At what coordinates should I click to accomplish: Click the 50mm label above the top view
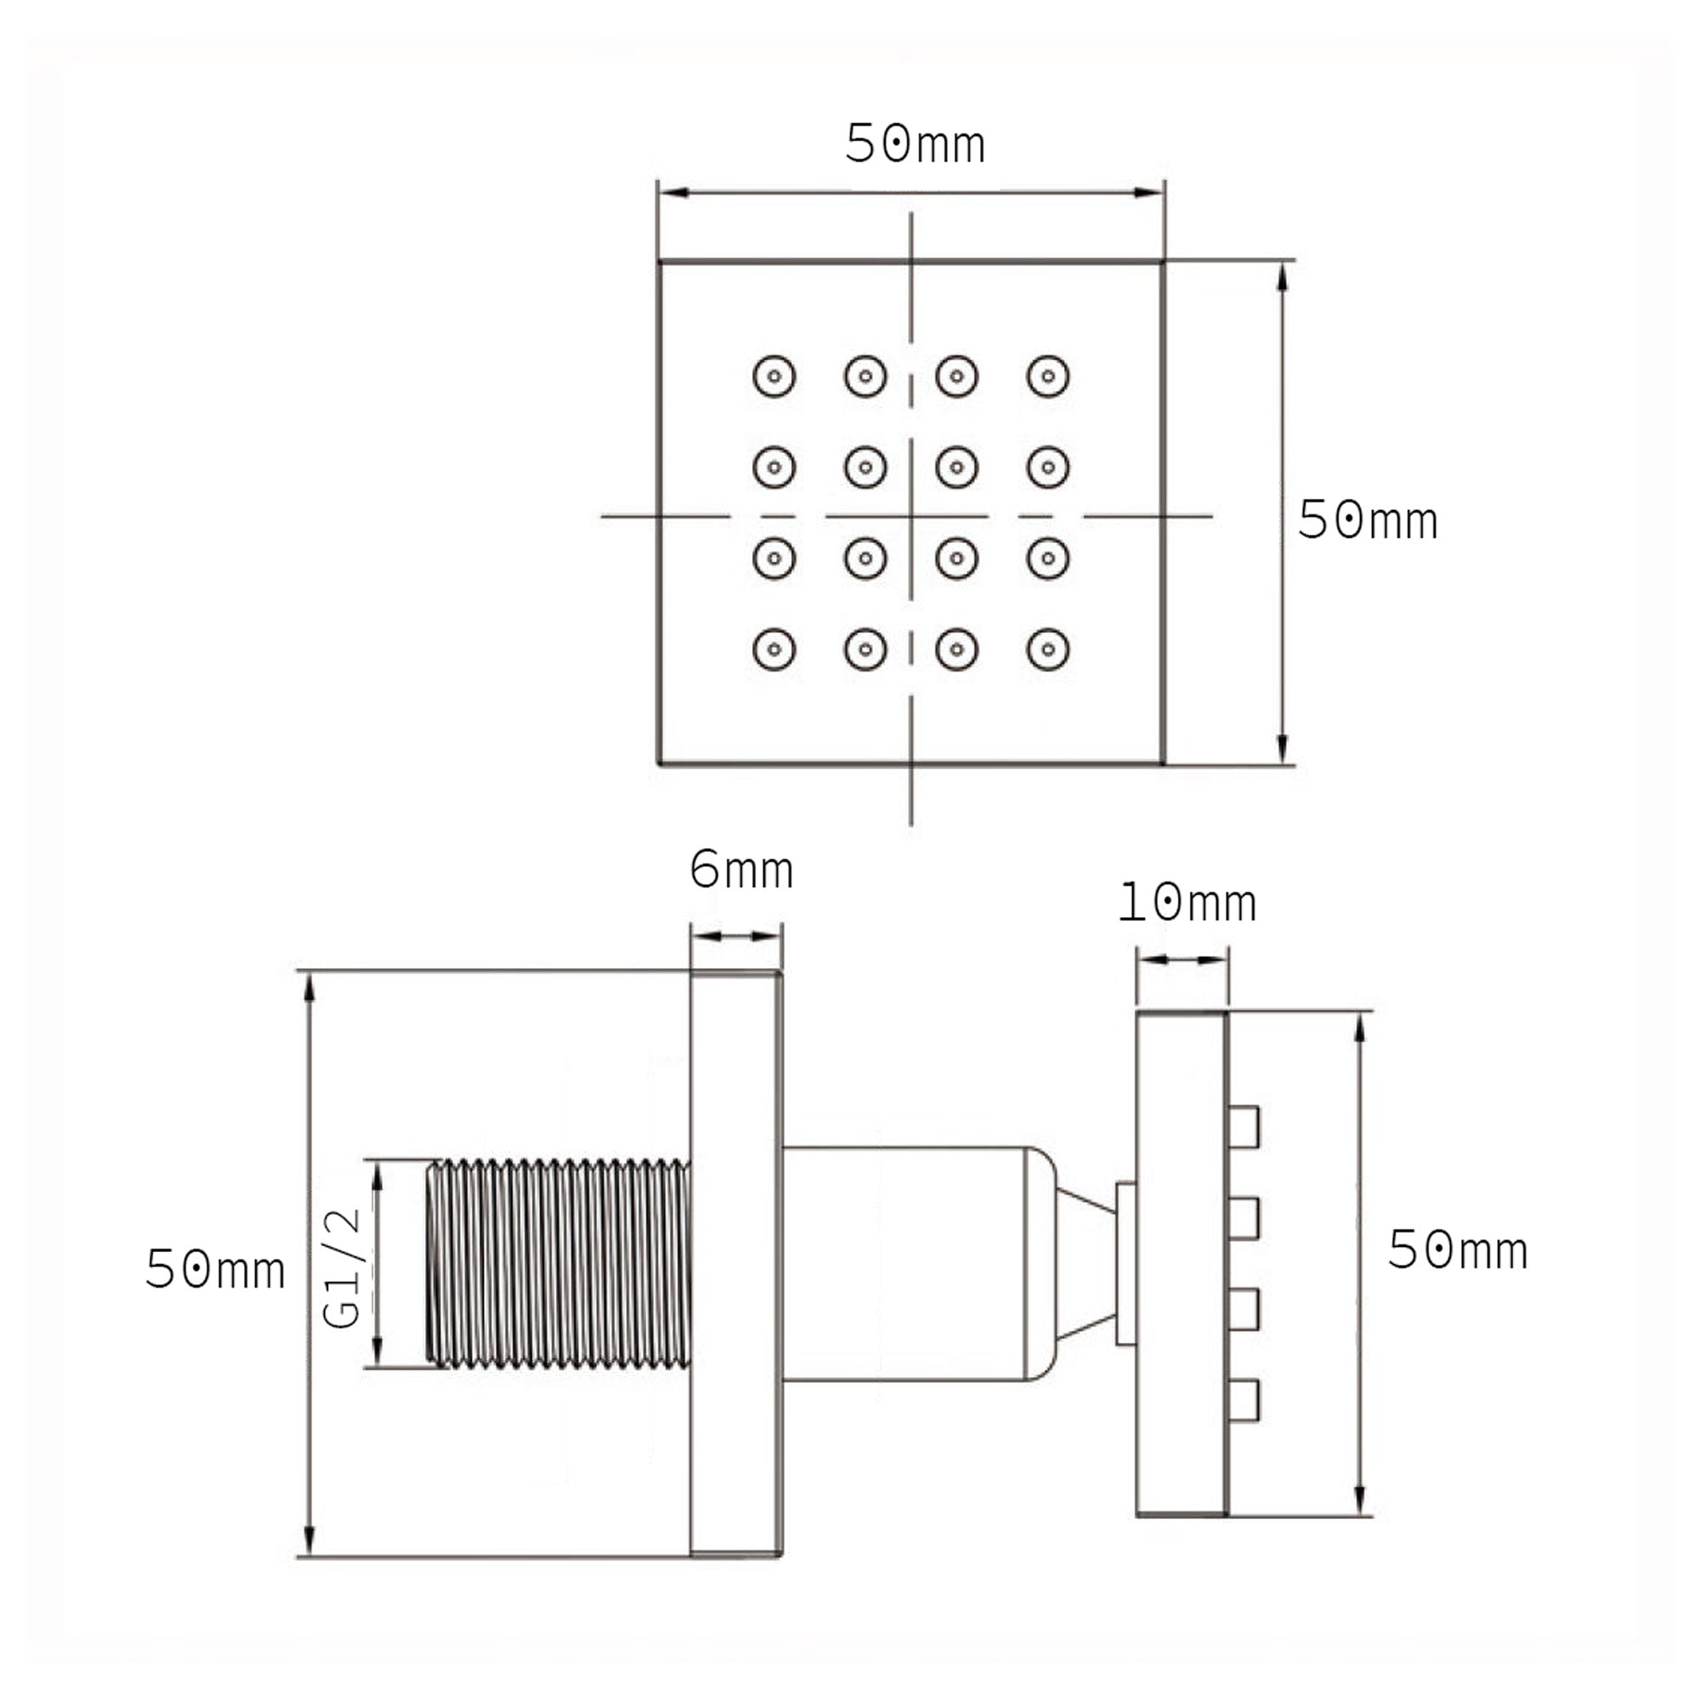pyautogui.click(x=915, y=145)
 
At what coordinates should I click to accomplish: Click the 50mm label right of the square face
pyautogui.click(x=1367, y=520)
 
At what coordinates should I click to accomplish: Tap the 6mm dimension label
pyautogui.click(x=741, y=871)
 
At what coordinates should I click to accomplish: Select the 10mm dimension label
pyautogui.click(x=1185, y=904)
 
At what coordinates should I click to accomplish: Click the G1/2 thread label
pyautogui.click(x=343, y=1268)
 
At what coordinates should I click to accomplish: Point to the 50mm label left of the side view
pyautogui.click(x=215, y=1271)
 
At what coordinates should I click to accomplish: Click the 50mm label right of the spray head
pyautogui.click(x=1456, y=1250)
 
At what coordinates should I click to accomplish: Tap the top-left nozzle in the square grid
pyautogui.click(x=774, y=377)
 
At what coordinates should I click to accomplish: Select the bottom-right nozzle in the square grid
pyautogui.click(x=1047, y=649)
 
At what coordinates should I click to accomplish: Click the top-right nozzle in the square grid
pyautogui.click(x=1047, y=377)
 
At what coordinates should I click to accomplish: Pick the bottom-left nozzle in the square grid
pyautogui.click(x=774, y=649)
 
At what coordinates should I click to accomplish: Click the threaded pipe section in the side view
pyautogui.click(x=558, y=1265)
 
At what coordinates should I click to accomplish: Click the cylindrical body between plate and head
pyautogui.click(x=906, y=1265)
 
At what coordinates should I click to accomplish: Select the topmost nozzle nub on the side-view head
pyautogui.click(x=1244, y=1127)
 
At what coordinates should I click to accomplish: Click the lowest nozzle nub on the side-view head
pyautogui.click(x=1244, y=1402)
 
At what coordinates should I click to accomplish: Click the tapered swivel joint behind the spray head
pyautogui.click(x=1085, y=1265)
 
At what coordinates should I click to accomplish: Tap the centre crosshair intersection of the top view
pyautogui.click(x=910, y=517)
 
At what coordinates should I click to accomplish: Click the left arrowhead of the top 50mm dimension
pyautogui.click(x=673, y=192)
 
